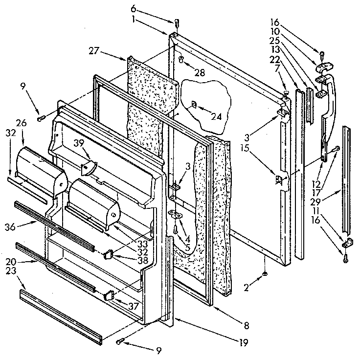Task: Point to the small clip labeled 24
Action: pyautogui.click(x=194, y=104)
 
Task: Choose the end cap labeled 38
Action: pyautogui.click(x=109, y=253)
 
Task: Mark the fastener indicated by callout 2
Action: pyautogui.click(x=265, y=274)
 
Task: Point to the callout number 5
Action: pyautogui.click(x=187, y=247)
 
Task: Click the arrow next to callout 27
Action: pyautogui.click(x=113, y=54)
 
